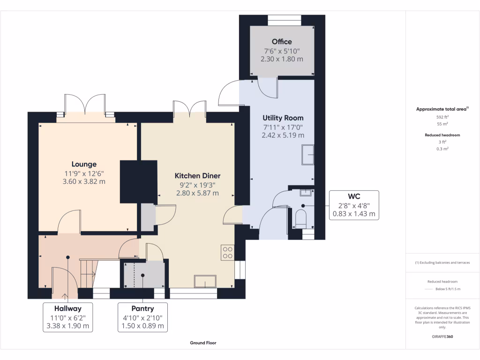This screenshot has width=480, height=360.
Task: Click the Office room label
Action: (x=282, y=42)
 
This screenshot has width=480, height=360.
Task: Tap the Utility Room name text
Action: (x=283, y=118)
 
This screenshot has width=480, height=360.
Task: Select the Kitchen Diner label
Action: (x=197, y=176)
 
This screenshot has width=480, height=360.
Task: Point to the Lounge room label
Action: (x=84, y=165)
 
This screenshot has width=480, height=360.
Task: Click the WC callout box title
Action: (x=354, y=196)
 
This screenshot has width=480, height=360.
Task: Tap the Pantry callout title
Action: (x=142, y=308)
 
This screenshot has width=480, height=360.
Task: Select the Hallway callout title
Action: (x=67, y=308)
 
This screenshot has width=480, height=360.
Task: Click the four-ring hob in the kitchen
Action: (x=227, y=253)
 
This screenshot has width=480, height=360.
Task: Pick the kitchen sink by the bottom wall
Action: (x=205, y=282)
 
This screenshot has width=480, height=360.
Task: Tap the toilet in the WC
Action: (x=301, y=218)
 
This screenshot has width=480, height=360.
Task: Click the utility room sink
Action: (x=308, y=155)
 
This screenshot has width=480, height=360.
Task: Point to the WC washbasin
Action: (x=306, y=193)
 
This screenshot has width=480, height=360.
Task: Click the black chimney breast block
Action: (x=138, y=182)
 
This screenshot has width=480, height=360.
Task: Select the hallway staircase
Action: (x=88, y=273)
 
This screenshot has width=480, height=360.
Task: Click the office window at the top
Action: (x=285, y=20)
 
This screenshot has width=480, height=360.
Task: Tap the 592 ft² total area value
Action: (x=442, y=117)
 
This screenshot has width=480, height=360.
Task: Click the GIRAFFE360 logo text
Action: (x=442, y=337)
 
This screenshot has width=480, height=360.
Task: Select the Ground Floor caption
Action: (x=203, y=343)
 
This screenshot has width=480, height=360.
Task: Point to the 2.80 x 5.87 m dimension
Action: (x=197, y=193)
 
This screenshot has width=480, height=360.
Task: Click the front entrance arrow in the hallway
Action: (x=65, y=296)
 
